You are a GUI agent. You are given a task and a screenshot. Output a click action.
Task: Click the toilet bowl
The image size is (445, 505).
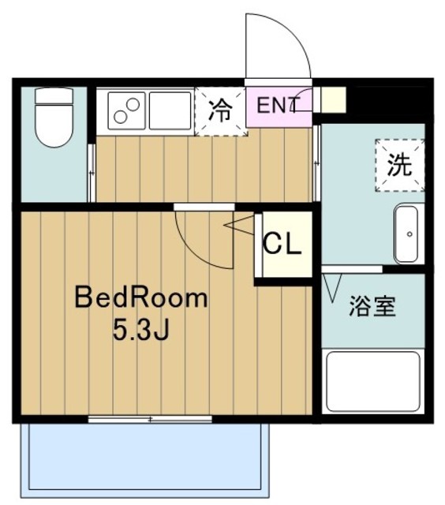point(54,125)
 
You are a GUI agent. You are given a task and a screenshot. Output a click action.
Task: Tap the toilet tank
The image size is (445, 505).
point(54,95)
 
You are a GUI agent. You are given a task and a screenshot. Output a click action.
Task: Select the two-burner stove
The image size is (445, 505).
point(126,110)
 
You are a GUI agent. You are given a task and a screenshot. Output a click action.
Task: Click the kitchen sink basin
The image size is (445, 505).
point(170,110)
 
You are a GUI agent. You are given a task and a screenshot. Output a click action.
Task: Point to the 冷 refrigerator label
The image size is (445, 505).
point(221,110)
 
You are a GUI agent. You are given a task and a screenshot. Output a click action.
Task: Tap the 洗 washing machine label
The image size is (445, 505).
point(399,165)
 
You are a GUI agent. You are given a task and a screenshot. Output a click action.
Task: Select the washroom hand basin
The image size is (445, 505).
point(407,234)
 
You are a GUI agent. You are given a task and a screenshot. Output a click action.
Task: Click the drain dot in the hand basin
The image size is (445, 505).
point(409,234)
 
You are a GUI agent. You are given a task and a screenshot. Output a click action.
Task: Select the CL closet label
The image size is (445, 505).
point(282,244)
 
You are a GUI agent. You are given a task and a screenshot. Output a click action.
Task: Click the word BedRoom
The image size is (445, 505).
point(141,298)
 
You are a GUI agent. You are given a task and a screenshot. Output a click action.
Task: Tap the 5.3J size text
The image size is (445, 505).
point(141,331)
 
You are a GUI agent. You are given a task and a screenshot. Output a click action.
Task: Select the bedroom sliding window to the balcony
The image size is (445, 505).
point(150,419)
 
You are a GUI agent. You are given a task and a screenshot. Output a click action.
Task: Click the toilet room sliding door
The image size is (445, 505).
point(92,173)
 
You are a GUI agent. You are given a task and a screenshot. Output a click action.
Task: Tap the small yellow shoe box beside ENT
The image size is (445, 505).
point(334,100)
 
